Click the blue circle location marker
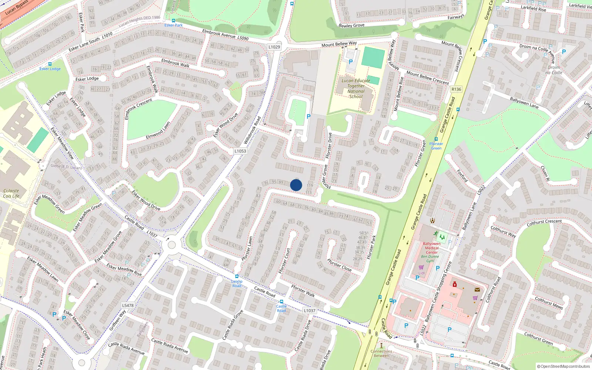click(x=296, y=185)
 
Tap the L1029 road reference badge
click(x=274, y=47)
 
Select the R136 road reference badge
click(x=456, y=89)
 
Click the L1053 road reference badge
click(x=240, y=151)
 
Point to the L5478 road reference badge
click(x=128, y=305)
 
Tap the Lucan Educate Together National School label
click(x=356, y=88)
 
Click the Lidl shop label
click(x=421, y=273)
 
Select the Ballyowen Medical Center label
click(x=431, y=248)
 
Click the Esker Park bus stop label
click(x=174, y=25)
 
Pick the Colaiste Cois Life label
click(x=11, y=193)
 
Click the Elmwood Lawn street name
click(x=158, y=131)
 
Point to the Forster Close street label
click(x=339, y=265)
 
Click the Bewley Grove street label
click(x=351, y=26)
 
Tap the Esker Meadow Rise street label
click(x=124, y=269)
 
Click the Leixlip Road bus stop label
click(x=237, y=283)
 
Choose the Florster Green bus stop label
click(x=436, y=146)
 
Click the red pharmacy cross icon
click(x=455, y=284)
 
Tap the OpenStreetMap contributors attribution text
click(x=564, y=366)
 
